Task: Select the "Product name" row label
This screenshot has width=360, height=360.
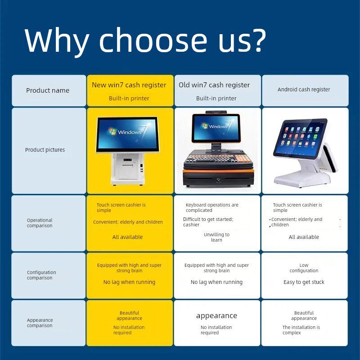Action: pos(48,90)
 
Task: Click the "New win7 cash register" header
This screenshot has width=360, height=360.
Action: pos(129,85)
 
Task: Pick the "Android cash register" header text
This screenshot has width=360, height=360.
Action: pos(304,90)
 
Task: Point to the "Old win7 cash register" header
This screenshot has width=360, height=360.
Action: pos(214,85)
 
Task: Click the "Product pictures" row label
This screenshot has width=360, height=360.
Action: pos(45,150)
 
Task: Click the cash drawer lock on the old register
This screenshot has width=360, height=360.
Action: pos(218,180)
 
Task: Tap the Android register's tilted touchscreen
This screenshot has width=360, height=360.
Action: pos(300,137)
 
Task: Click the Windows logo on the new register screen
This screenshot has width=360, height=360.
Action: pos(112,131)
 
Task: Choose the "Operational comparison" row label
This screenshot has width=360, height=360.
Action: pos(40,223)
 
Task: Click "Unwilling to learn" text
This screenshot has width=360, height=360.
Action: pos(216,237)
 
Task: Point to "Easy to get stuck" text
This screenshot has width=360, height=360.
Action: pos(304,282)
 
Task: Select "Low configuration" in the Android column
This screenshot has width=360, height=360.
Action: pos(304,268)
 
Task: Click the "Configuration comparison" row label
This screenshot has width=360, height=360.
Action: pos(41,275)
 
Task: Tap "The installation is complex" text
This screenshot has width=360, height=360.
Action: pos(301,330)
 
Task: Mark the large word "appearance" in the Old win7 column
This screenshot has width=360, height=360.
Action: pos(216,316)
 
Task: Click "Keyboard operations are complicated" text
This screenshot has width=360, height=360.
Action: pos(212,207)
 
